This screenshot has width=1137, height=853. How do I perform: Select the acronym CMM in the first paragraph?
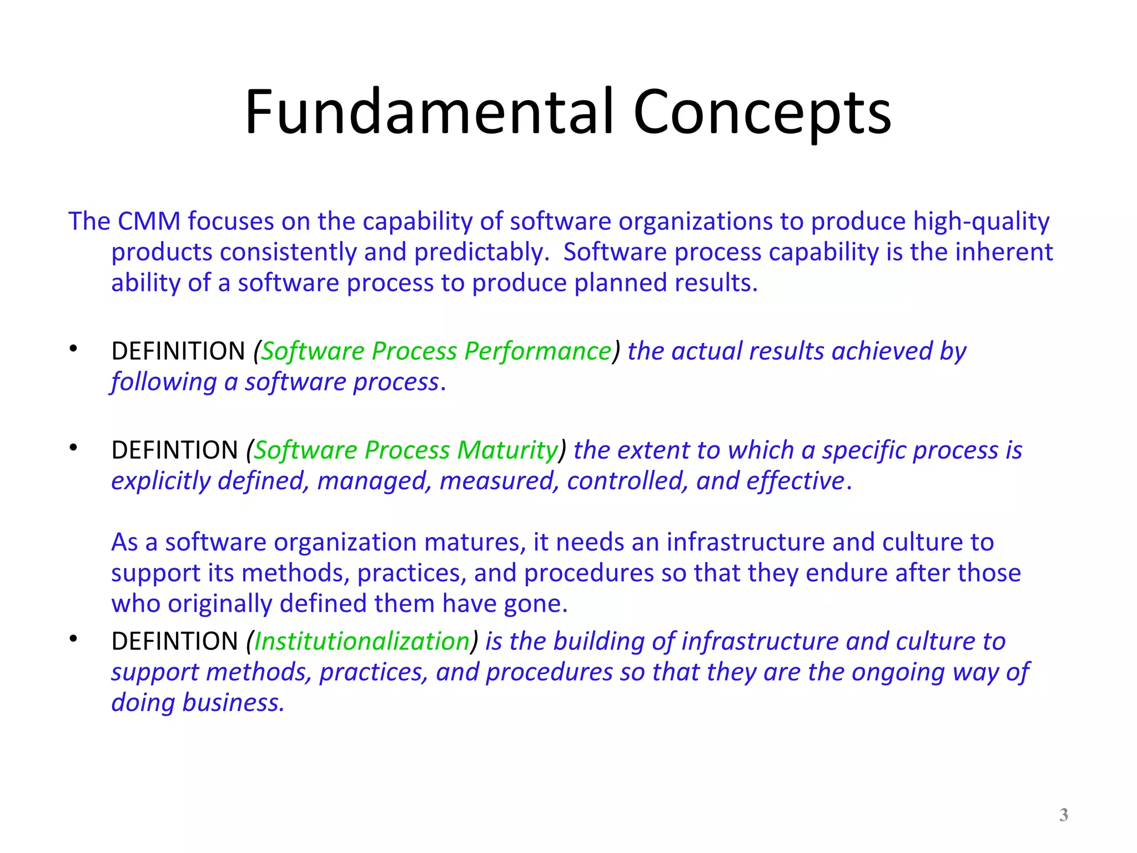(x=149, y=221)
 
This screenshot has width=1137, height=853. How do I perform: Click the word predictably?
(x=481, y=253)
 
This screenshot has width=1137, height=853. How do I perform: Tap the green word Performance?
(x=537, y=351)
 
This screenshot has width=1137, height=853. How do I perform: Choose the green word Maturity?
(x=506, y=450)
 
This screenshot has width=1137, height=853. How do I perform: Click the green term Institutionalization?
(x=362, y=641)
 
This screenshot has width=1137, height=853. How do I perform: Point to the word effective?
(x=795, y=481)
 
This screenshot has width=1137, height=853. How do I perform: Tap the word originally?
(x=220, y=604)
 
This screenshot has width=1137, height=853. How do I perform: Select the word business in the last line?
(x=233, y=703)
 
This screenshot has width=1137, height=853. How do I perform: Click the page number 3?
(x=1063, y=815)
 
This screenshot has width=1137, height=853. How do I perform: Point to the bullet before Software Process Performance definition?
(x=73, y=349)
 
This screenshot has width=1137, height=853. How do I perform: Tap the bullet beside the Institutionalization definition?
(x=73, y=639)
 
